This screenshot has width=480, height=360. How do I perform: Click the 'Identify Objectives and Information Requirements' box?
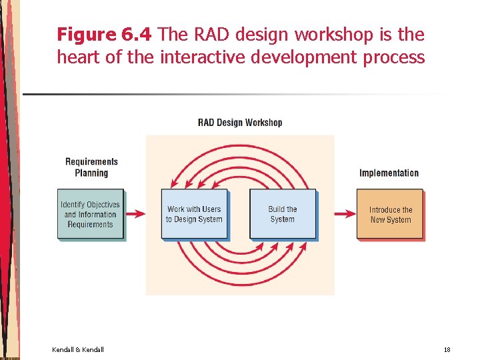click(x=91, y=215)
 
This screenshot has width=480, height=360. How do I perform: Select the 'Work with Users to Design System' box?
click(x=194, y=214)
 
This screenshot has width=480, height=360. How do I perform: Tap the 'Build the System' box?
click(x=282, y=214)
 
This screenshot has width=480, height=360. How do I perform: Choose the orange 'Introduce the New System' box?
click(x=390, y=214)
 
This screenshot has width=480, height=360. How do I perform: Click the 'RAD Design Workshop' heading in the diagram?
click(x=240, y=123)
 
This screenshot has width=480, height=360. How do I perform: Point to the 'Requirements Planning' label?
click(x=91, y=167)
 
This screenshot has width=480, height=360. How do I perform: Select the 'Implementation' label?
click(x=389, y=173)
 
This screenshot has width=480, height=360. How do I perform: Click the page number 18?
click(x=447, y=350)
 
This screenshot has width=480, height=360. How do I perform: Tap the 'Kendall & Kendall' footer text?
click(x=78, y=350)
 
